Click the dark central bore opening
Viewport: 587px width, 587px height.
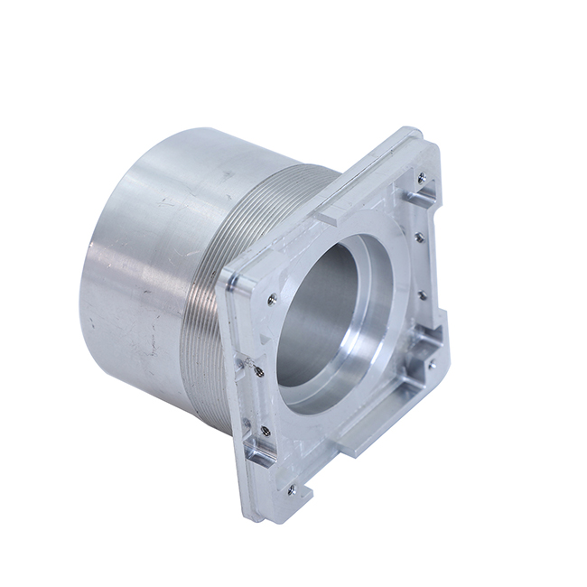click(x=316, y=312)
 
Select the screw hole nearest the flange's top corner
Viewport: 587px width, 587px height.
click(x=421, y=173)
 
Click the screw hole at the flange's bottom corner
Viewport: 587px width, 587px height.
click(x=291, y=490)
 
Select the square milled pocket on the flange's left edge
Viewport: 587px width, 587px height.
click(x=262, y=452)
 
